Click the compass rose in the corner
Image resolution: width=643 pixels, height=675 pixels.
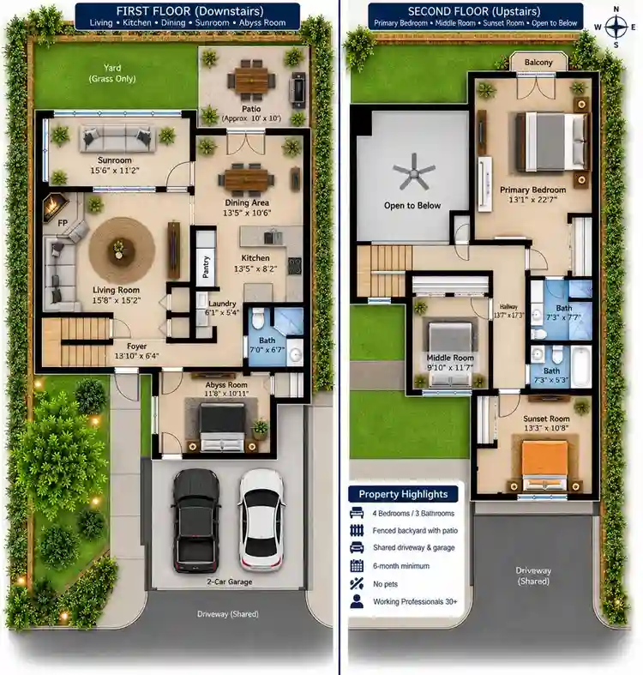(616, 27)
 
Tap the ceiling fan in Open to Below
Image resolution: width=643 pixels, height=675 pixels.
(413, 172)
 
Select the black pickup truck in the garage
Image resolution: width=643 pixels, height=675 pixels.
(195, 521)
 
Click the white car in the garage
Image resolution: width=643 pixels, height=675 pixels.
(261, 519)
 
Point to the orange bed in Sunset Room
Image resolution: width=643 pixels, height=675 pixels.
(544, 464)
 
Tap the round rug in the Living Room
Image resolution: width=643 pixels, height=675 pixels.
(122, 250)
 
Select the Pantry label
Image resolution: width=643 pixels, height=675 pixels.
(206, 267)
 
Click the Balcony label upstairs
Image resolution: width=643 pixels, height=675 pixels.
(538, 63)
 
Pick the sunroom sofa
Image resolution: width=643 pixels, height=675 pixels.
(117, 139)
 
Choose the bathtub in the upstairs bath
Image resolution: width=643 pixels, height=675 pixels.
(581, 365)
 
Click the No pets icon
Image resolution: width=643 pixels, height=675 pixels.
(357, 584)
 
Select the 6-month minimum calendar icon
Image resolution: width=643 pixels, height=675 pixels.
(357, 566)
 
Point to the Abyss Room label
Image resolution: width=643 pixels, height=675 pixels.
(226, 385)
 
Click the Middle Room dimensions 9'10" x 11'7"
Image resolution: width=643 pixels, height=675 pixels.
(450, 368)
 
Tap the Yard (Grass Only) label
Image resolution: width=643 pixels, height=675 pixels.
(112, 73)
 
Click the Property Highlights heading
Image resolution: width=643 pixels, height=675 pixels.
(403, 494)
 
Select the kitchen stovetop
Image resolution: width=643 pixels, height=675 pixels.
(295, 266)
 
